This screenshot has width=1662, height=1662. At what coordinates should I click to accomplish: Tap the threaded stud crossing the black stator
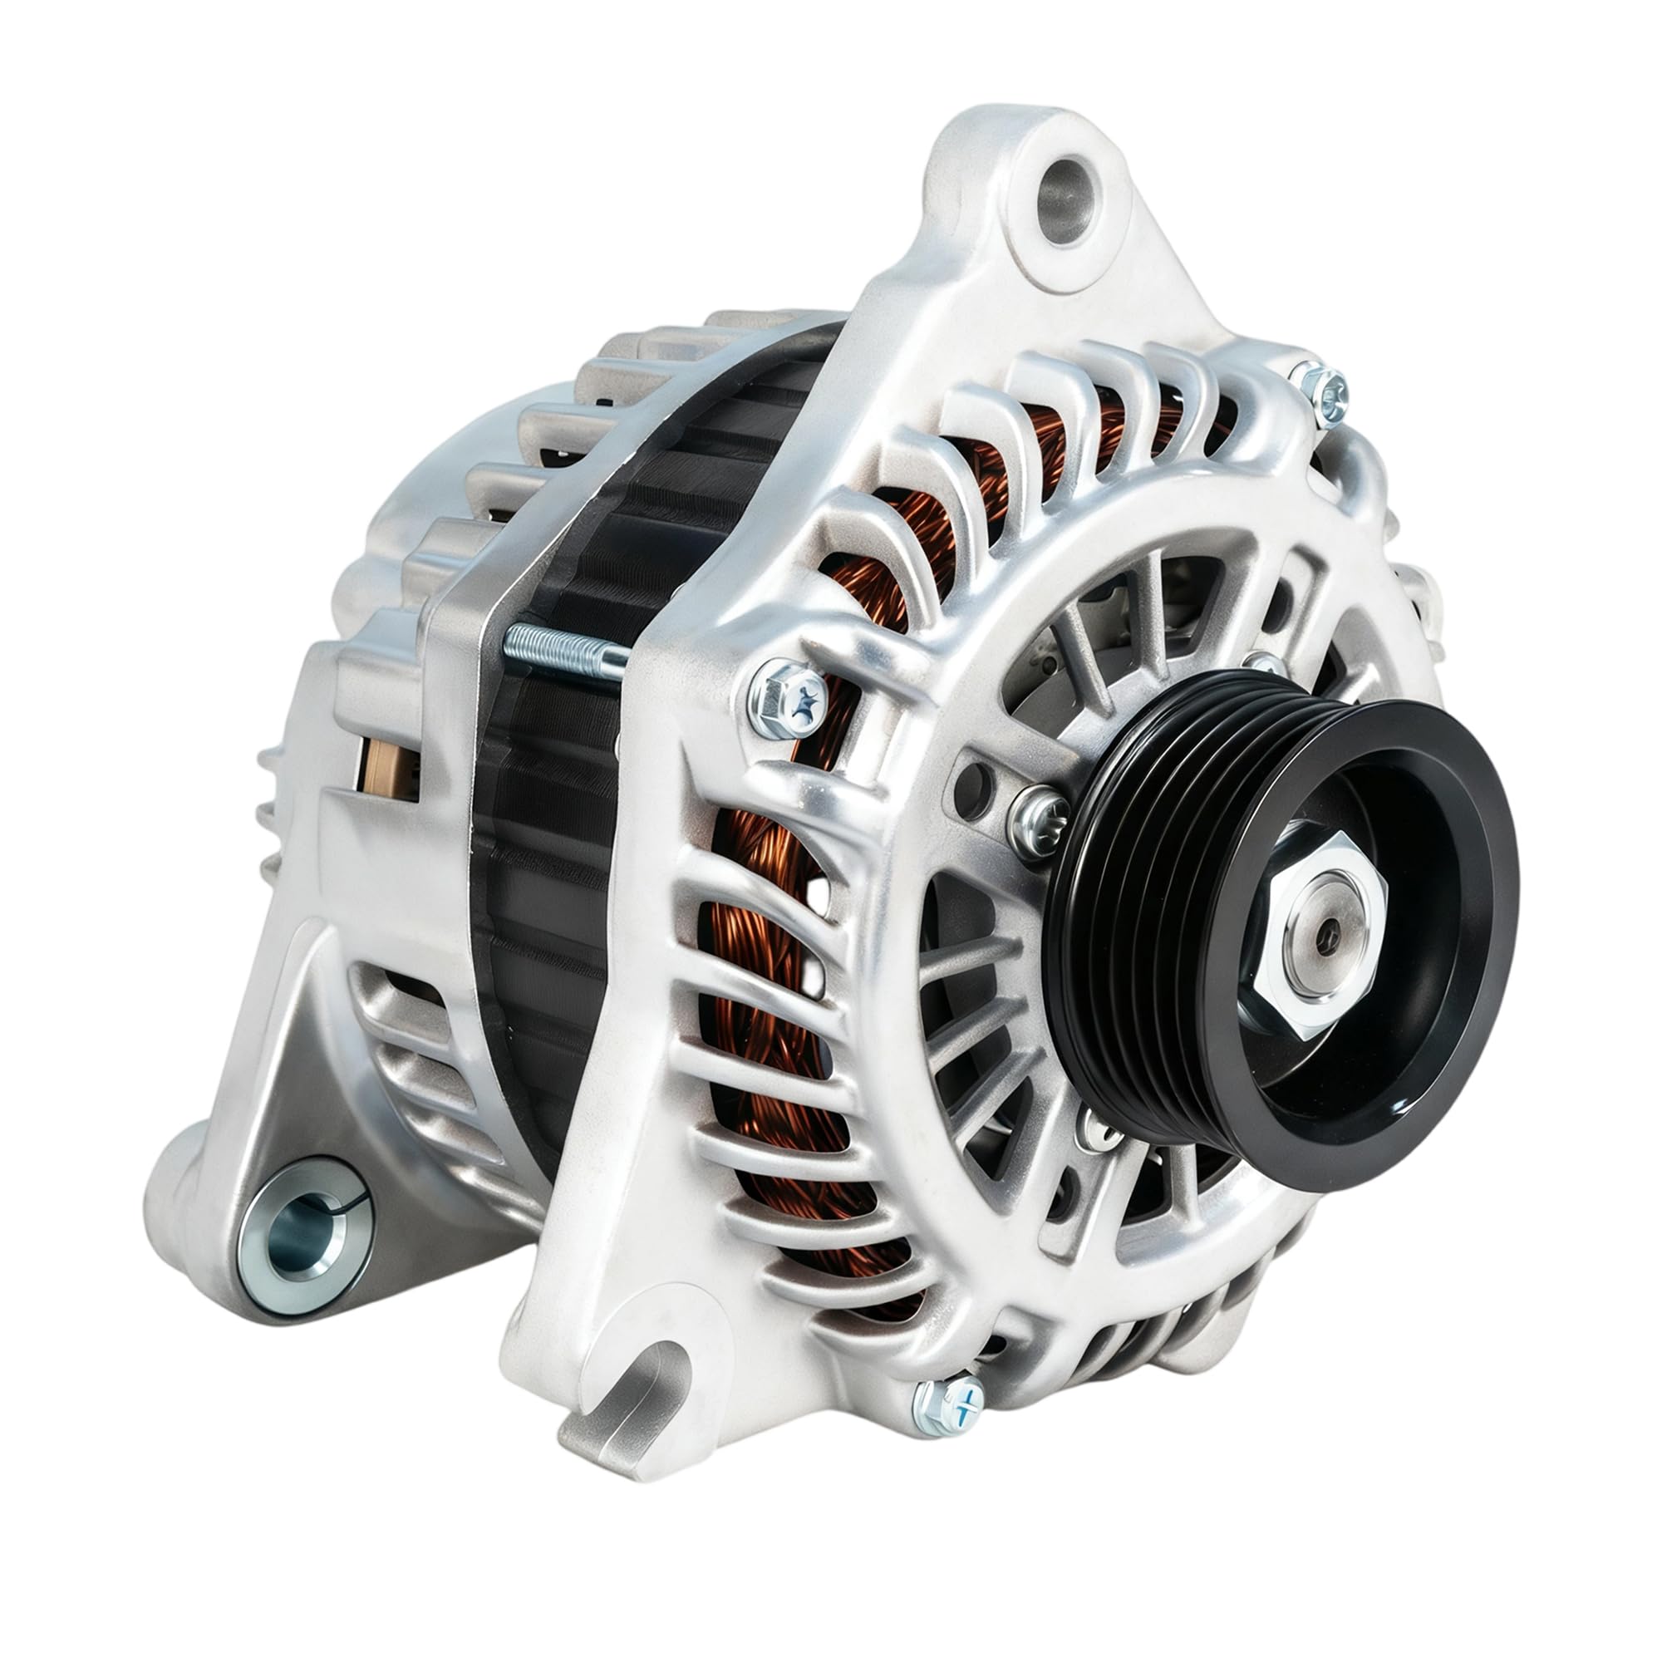(563, 647)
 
